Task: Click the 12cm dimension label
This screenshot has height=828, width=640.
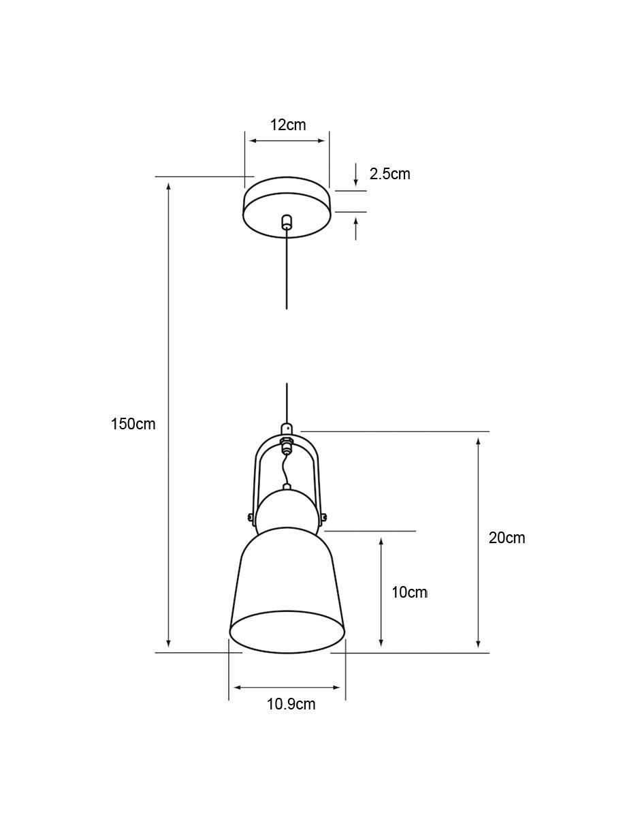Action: [287, 125]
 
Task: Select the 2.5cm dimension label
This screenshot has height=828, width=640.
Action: [389, 174]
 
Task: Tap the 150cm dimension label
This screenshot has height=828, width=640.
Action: [133, 424]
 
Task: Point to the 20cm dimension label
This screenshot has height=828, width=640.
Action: [507, 538]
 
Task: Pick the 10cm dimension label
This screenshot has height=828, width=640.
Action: [410, 592]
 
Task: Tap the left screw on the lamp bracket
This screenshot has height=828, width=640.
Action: [251, 517]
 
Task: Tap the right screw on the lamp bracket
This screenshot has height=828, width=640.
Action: [323, 517]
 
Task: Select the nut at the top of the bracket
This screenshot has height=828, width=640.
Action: [287, 443]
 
